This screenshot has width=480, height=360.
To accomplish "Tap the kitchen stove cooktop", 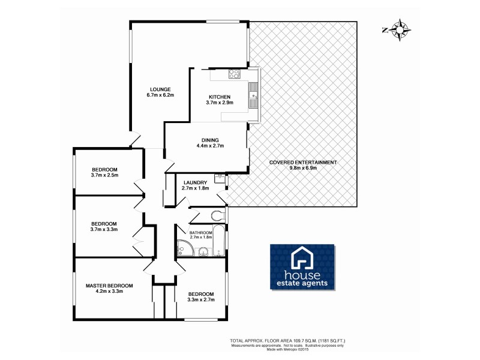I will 234,75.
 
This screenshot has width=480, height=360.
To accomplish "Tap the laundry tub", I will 219,178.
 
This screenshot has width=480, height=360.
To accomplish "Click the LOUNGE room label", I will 160,89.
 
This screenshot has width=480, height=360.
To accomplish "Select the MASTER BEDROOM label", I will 109,286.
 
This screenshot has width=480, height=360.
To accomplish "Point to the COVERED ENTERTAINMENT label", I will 303,162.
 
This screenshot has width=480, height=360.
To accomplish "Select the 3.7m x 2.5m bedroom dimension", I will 105,176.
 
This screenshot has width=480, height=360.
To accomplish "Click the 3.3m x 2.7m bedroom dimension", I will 201,300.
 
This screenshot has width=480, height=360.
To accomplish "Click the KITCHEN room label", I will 219,97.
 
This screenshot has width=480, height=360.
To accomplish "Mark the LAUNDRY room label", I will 195,182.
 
